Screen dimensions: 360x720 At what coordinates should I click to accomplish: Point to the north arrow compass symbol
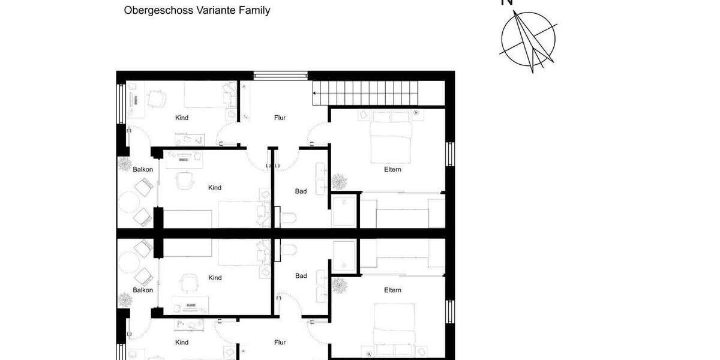point(529,40)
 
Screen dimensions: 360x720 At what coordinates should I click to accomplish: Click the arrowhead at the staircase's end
point(314,93)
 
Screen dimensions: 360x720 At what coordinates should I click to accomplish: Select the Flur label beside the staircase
point(280,118)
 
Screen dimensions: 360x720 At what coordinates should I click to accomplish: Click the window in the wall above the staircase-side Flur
point(280,75)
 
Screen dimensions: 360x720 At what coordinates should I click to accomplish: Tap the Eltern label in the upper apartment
point(392,170)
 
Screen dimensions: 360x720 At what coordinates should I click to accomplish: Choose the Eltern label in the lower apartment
point(392,290)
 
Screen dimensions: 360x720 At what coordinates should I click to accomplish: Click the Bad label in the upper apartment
point(301,191)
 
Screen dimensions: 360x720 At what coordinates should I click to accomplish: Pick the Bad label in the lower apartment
point(301,276)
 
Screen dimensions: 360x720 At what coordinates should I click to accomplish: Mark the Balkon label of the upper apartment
point(143,169)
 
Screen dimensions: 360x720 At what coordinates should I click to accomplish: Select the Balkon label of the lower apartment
point(143,290)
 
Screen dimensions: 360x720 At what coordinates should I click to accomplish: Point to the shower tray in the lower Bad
point(344,255)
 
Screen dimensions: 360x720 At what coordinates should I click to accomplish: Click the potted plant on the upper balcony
point(125,163)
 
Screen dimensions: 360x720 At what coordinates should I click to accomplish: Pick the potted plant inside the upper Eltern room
point(339,181)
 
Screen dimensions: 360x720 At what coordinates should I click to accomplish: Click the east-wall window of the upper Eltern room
point(449,155)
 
